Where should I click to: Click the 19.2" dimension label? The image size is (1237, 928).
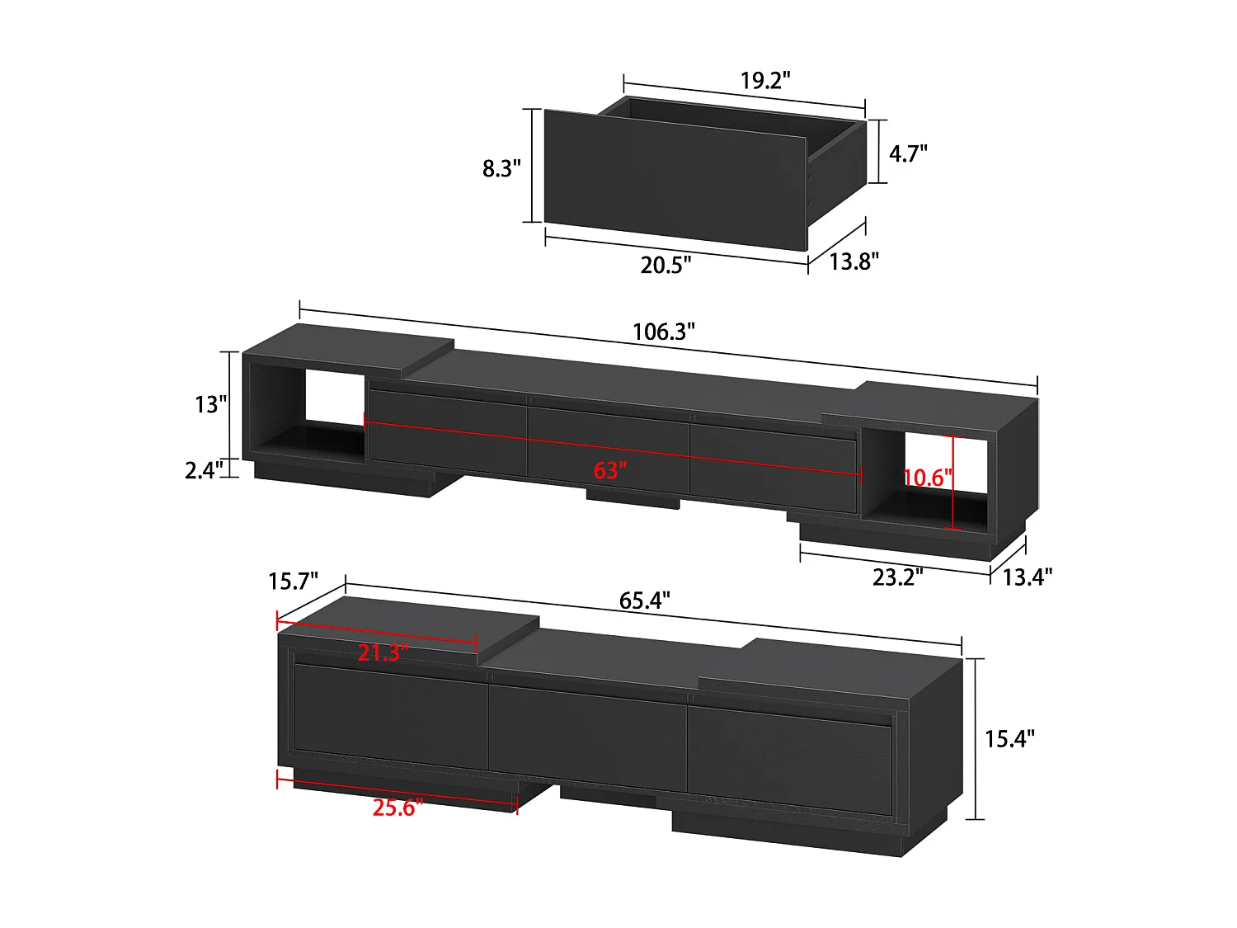[764, 81]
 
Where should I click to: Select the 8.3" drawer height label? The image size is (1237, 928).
[501, 168]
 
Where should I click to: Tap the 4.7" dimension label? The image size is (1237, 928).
[908, 153]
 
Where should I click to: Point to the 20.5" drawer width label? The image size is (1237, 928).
[666, 265]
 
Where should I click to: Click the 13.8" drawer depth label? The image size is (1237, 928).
[854, 261]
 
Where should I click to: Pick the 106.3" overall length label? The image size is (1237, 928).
[663, 332]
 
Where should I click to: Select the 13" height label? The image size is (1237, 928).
[210, 404]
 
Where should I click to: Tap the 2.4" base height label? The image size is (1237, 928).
[204, 470]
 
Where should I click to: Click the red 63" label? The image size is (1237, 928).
[610, 470]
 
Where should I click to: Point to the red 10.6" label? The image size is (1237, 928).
[928, 478]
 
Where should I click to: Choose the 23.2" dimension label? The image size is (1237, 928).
[897, 577]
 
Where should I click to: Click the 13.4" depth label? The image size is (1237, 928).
[1027, 577]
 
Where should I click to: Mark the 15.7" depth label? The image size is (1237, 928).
[293, 582]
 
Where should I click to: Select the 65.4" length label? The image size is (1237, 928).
[644, 601]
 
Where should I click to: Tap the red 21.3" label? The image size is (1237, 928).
[383, 652]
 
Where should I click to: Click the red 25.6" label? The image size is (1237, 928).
[397, 807]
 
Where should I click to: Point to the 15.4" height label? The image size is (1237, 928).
[1009, 738]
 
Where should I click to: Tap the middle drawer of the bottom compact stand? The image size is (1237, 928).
[586, 730]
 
